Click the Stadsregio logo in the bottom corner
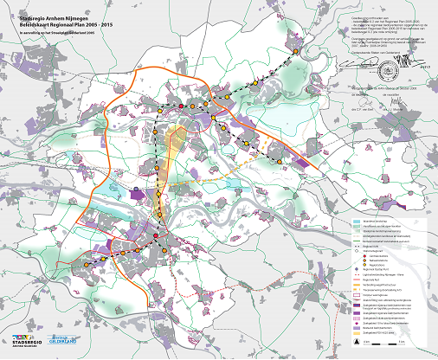[29, 343]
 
